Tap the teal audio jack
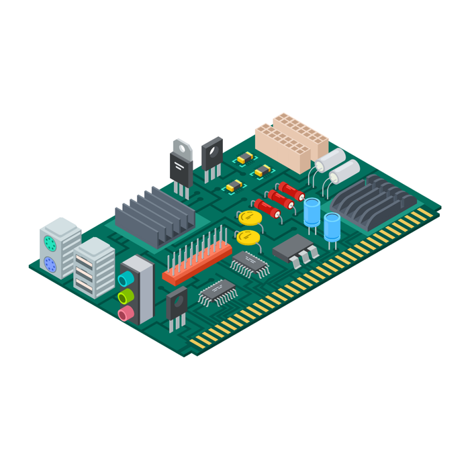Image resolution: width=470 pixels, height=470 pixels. coord(126,279)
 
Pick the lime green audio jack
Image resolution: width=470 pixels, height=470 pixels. coord(126,296)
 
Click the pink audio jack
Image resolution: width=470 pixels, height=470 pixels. coord(126,314)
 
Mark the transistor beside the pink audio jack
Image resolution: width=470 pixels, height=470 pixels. coord(177,305)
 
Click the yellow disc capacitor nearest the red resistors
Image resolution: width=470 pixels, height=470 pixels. coord(250,217)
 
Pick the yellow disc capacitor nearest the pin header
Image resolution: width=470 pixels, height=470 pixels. coord(248,236)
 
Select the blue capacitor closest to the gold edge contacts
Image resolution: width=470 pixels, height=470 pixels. coord(332,227)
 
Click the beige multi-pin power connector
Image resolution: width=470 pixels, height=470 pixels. coord(291,141)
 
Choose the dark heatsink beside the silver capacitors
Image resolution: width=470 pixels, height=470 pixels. coord(373,199)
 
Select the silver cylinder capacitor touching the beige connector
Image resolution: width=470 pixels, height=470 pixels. coord(330,160)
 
